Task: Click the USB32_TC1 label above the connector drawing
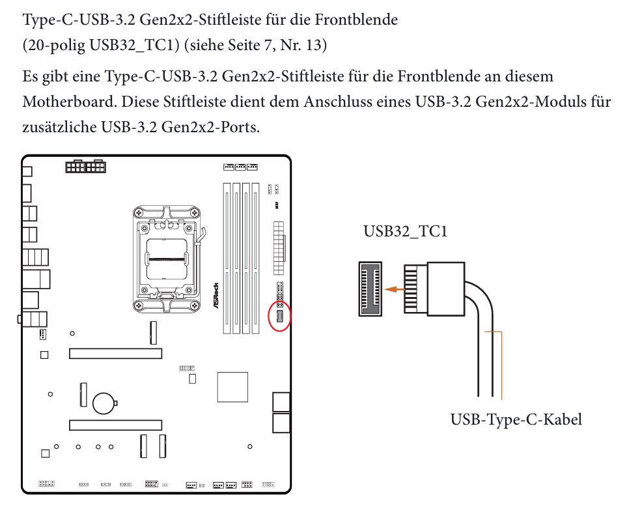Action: pos(405,231)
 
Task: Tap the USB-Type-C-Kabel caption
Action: pos(516,419)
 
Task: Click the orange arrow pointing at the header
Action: pos(395,289)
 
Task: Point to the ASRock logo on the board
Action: pos(216,295)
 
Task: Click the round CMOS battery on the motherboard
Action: pos(104,403)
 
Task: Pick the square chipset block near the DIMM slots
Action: pos(232,387)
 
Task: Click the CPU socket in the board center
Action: pos(167,259)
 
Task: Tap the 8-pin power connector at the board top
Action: pos(85,166)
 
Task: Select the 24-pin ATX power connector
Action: pos(279,248)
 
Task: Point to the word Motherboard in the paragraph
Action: pos(70,102)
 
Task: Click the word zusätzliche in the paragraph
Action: pos(59,127)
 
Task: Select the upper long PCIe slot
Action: pos(115,354)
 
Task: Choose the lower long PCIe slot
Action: pos(115,425)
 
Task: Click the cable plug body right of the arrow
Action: pos(445,289)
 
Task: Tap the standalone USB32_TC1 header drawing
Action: pos(370,289)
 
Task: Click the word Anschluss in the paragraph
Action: pos(337,102)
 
